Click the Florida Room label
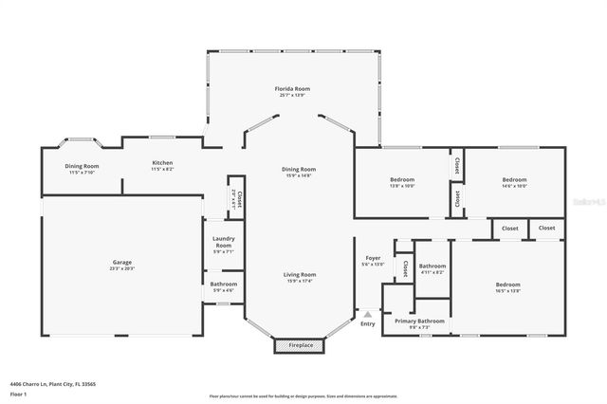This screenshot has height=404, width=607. pos(292,89)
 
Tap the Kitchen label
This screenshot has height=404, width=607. pos(162,163)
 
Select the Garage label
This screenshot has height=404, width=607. pos(121,263)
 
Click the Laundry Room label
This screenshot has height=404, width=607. pos(223,242)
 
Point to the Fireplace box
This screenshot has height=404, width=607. pos(300,345)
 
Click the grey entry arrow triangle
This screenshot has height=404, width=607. pos(367,313)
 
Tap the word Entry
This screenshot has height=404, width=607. pos(367,323)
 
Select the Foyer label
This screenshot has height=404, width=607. pos(373,259)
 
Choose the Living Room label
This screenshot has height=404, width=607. pos(300,275)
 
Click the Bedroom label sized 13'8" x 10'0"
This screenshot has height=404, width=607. pos(402,180)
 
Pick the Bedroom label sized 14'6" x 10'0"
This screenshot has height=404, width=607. pos(514,180)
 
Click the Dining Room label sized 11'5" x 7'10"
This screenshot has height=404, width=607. pos(83,166)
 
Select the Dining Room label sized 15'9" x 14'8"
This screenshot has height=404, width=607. pos(299,170)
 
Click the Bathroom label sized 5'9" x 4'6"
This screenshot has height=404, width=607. pos(224,285)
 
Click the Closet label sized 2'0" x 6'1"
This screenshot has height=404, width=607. pos(237,197)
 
